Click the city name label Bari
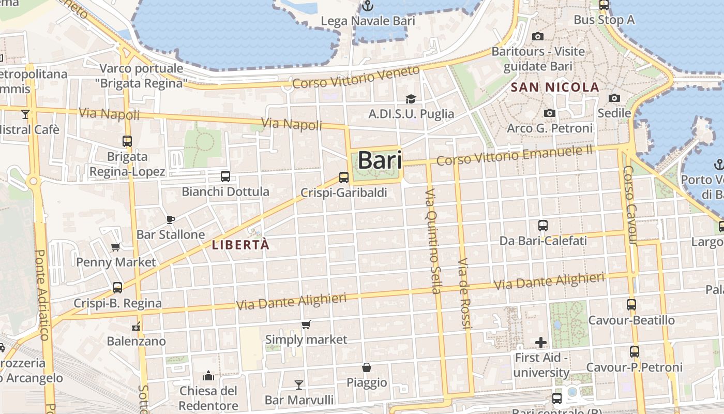(x=380, y=160)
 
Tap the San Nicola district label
(x=555, y=87)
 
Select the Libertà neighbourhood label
(x=241, y=245)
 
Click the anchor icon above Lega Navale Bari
(x=368, y=6)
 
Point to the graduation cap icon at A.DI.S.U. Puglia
(x=411, y=99)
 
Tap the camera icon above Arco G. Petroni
(x=549, y=113)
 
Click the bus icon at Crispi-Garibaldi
(x=344, y=178)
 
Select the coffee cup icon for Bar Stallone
(x=170, y=219)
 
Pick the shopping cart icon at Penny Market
(x=116, y=247)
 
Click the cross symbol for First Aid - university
(x=541, y=343)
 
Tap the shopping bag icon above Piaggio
(x=367, y=367)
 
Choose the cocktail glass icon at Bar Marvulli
(x=299, y=385)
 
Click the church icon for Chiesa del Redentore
(x=209, y=375)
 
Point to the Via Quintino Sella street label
(x=433, y=241)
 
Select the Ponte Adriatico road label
(x=41, y=295)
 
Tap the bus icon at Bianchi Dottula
(x=225, y=176)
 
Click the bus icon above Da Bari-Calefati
(x=543, y=226)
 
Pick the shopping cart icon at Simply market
(x=306, y=325)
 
